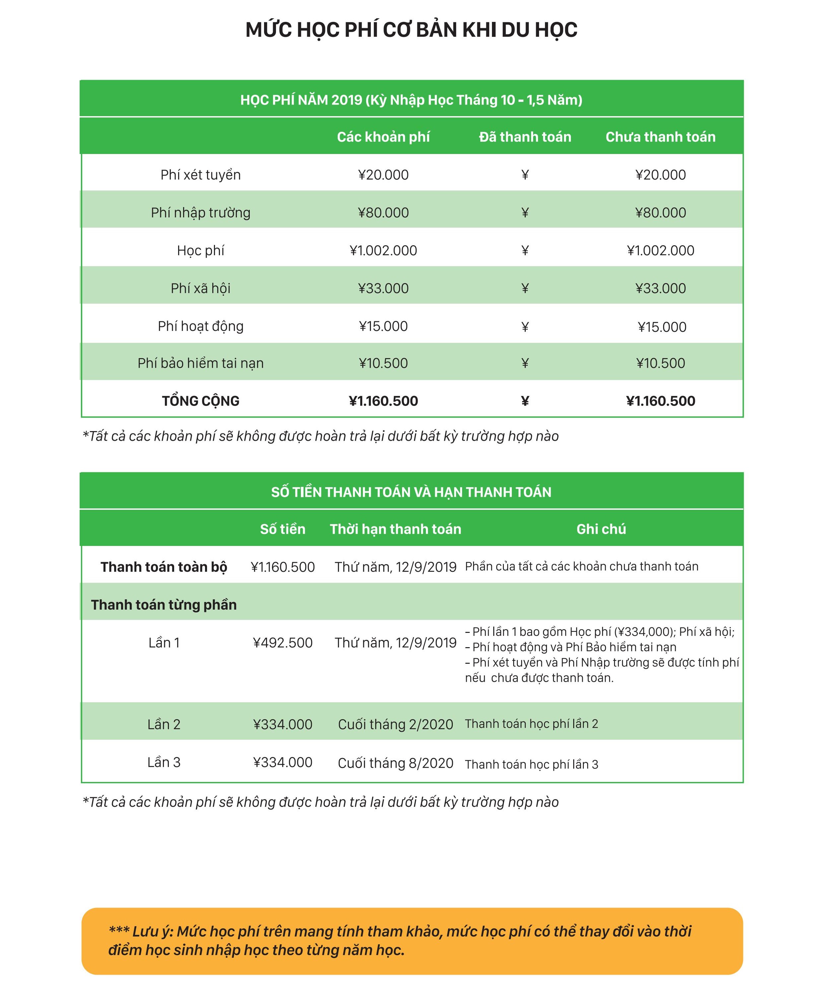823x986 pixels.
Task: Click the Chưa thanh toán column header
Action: (x=660, y=137)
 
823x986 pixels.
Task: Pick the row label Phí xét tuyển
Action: (x=200, y=175)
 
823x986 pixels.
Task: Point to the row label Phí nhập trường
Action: (x=200, y=213)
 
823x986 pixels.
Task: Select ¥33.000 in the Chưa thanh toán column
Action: (x=660, y=288)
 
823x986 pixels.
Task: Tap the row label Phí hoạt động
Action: (x=200, y=326)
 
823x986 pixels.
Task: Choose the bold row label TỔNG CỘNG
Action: (x=200, y=401)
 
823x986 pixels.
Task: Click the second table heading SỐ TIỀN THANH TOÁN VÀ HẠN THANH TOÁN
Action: (x=411, y=492)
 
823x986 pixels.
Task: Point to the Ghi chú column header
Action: (x=601, y=529)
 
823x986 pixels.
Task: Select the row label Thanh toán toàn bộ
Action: (x=164, y=567)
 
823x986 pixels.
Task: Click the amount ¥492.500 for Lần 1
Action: (x=283, y=643)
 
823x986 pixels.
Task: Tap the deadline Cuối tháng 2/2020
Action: (x=395, y=724)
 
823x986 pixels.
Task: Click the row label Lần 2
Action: (x=164, y=724)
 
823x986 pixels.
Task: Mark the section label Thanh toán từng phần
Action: (x=164, y=605)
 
